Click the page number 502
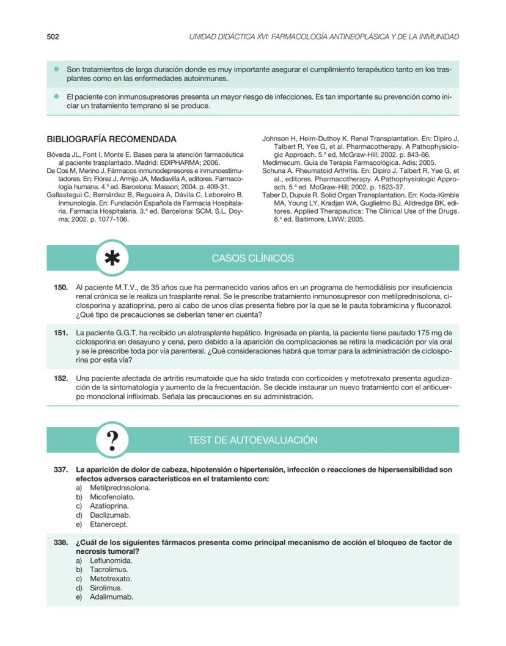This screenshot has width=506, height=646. click(x=53, y=37)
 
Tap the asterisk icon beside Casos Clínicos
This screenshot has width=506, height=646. click(x=112, y=258)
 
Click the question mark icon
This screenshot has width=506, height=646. click(x=112, y=440)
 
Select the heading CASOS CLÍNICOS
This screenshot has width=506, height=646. click(x=252, y=258)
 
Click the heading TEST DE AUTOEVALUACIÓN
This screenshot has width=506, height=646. click(x=252, y=440)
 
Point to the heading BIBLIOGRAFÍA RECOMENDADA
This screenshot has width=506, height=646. click(x=111, y=139)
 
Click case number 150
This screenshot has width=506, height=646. click(x=61, y=287)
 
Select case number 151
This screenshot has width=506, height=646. click(x=61, y=333)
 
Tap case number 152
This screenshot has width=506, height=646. click(x=61, y=379)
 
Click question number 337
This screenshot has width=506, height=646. click(x=61, y=470)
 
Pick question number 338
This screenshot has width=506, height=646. click(x=61, y=542)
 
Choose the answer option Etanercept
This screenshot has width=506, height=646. click(x=109, y=524)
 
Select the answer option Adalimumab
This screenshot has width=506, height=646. click(x=111, y=597)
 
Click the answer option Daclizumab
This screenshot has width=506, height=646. click(x=110, y=515)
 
